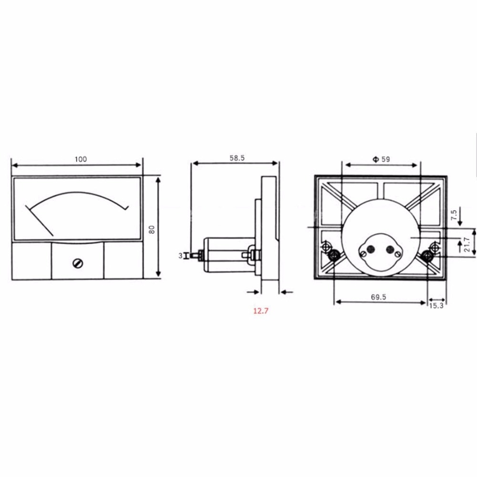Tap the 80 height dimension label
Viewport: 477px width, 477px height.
pos(152,228)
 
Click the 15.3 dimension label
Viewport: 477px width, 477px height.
pos(436,306)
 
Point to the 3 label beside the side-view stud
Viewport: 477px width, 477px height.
pos(180,256)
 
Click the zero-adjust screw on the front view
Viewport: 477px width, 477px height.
pos(76,262)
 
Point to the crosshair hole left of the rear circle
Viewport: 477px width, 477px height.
pos(327,247)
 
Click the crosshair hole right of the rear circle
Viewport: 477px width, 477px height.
pos(434,247)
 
